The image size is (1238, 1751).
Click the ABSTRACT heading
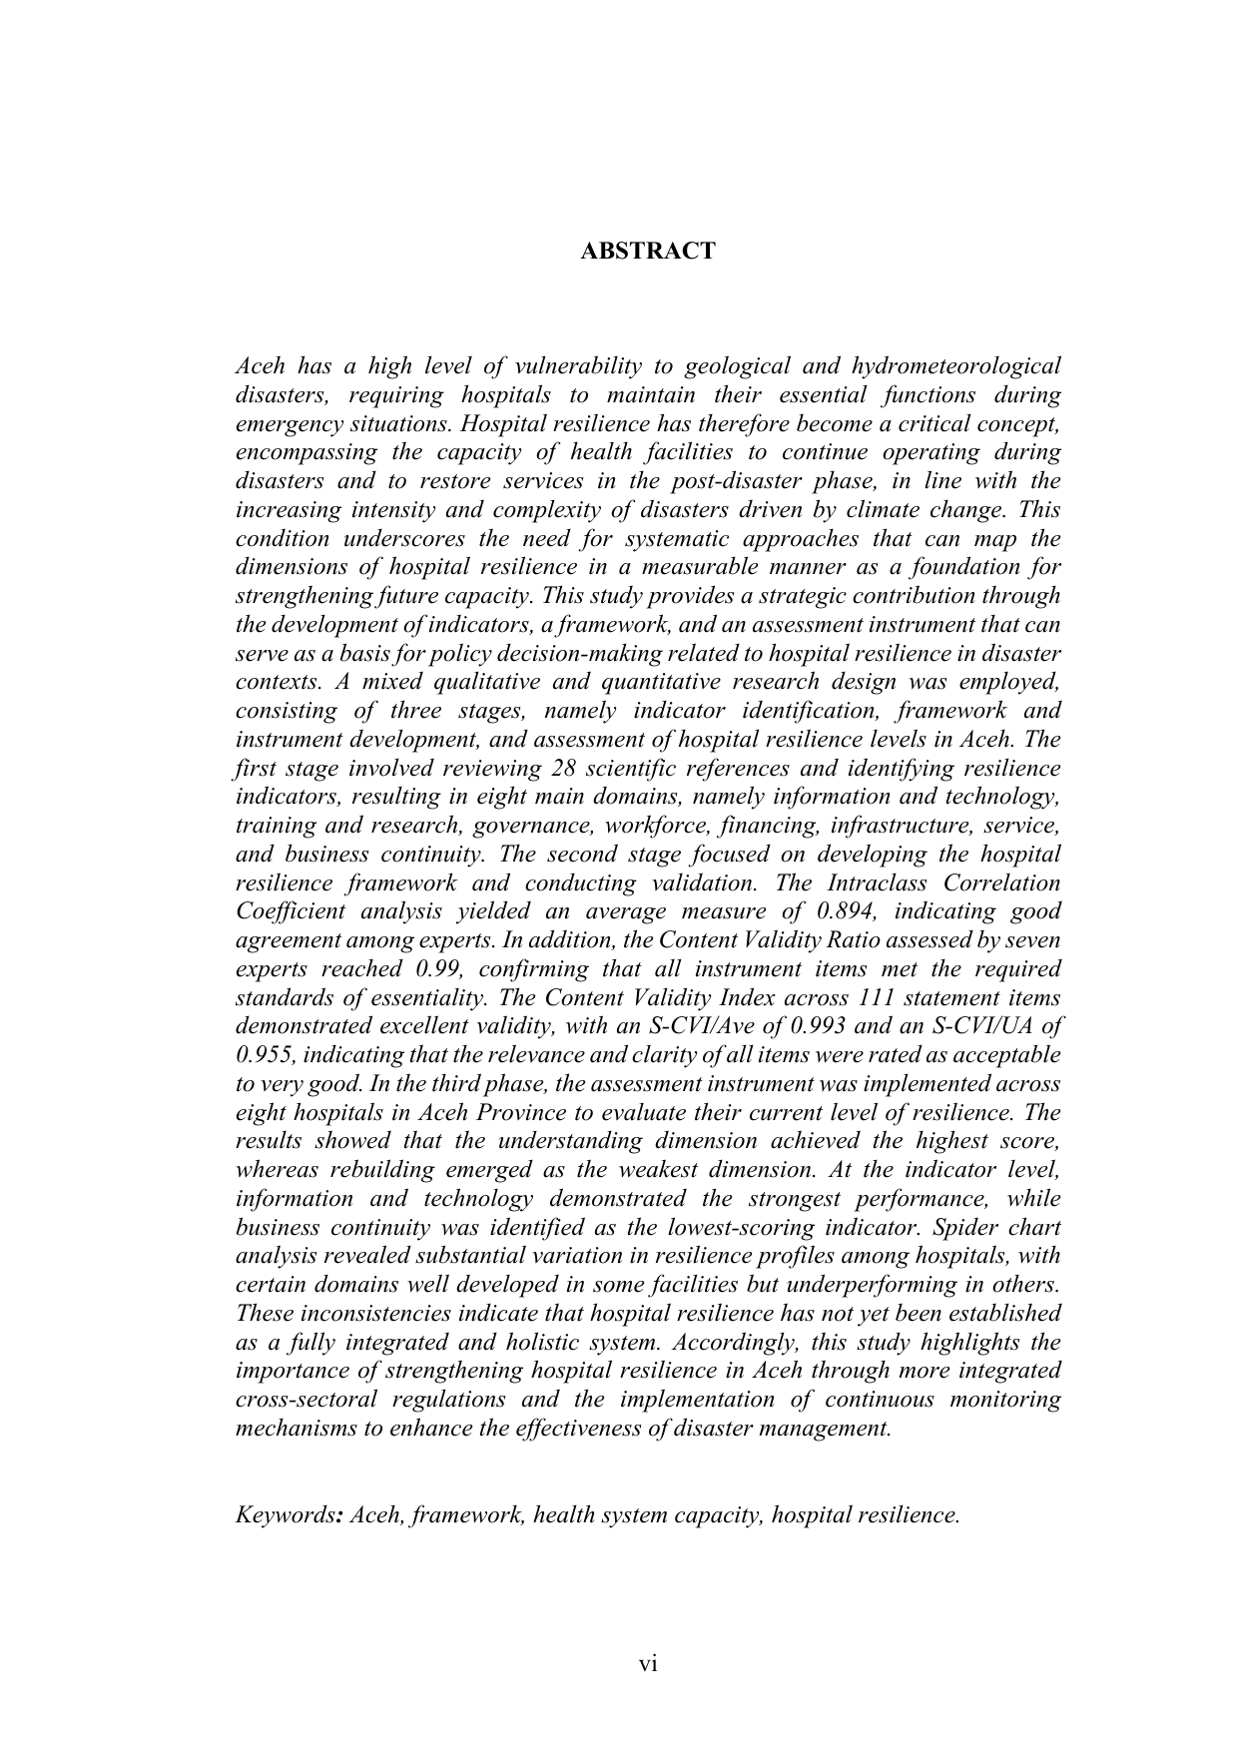click(x=648, y=252)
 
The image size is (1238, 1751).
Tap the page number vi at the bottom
click(x=649, y=1664)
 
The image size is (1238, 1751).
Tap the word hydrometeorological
click(x=955, y=366)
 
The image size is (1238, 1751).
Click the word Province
click(x=500, y=1113)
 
